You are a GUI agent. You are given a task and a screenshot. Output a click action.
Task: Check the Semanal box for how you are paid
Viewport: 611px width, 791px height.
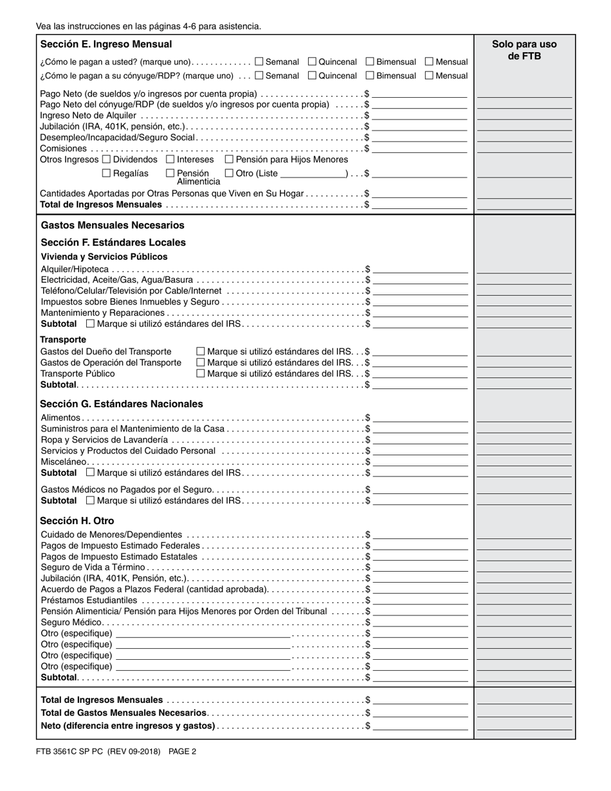click(x=259, y=62)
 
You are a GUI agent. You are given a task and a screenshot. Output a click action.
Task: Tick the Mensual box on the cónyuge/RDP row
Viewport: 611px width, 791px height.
click(x=429, y=75)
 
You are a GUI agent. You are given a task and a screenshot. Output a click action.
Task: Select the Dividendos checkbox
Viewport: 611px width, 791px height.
click(x=107, y=159)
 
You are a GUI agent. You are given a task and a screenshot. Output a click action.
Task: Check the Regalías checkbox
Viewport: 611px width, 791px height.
click(x=107, y=173)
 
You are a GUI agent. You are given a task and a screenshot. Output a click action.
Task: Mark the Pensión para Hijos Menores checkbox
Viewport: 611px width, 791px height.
click(x=229, y=159)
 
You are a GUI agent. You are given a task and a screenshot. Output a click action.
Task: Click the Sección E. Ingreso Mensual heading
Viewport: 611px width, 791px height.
click(x=106, y=44)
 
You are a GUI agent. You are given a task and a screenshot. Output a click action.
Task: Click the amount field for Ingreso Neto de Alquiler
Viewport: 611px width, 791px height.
click(x=419, y=115)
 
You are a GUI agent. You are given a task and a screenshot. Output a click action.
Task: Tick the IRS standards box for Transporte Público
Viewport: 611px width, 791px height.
click(x=200, y=373)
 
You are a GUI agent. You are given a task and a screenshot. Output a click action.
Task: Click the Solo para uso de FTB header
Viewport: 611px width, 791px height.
click(x=524, y=50)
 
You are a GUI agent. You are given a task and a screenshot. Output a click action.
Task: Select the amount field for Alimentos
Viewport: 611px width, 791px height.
click(x=420, y=417)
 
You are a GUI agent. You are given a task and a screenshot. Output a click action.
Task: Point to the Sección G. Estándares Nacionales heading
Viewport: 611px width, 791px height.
click(x=122, y=404)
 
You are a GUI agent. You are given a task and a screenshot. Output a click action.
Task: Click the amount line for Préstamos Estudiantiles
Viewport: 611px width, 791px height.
click(x=420, y=600)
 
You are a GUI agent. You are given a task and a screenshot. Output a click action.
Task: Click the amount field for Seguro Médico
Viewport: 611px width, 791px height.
click(x=420, y=622)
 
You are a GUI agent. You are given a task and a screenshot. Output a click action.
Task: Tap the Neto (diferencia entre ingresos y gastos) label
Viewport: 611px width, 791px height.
click(x=128, y=725)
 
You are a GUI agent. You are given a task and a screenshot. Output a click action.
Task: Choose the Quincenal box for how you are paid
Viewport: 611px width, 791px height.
click(x=312, y=62)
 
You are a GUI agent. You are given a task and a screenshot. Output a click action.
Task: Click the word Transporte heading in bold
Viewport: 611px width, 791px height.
click(x=63, y=340)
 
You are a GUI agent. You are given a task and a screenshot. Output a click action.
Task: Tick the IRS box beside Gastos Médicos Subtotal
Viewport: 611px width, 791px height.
click(x=90, y=500)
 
